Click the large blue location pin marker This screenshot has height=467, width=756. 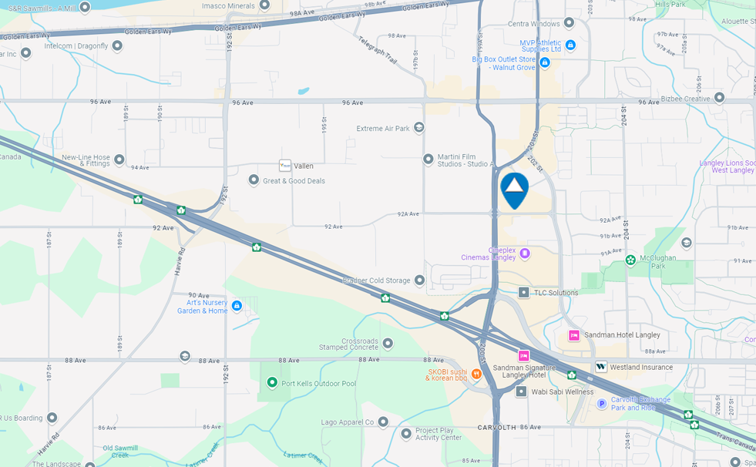(x=514, y=188)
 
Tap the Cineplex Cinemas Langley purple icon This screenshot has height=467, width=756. (x=525, y=253)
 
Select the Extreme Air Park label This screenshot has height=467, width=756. (x=382, y=129)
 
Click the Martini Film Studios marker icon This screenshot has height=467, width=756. (x=428, y=160)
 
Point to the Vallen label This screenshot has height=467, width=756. (x=304, y=166)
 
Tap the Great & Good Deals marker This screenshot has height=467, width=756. (x=254, y=180)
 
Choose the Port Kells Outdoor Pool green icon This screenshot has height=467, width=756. (x=271, y=382)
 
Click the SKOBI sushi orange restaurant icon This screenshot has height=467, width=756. (x=476, y=375)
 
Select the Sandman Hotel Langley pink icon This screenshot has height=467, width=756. (x=574, y=335)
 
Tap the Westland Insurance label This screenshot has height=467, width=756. (x=641, y=368)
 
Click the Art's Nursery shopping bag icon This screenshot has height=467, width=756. (x=237, y=306)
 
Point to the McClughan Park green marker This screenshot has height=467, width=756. (x=630, y=260)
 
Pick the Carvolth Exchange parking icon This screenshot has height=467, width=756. (x=602, y=403)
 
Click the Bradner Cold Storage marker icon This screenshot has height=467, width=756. (x=419, y=281)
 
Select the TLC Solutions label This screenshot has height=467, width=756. (x=556, y=293)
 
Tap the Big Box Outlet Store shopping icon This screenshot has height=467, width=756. (x=544, y=62)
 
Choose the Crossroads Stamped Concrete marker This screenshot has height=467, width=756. (x=388, y=343)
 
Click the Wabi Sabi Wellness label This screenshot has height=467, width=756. (x=563, y=391)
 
